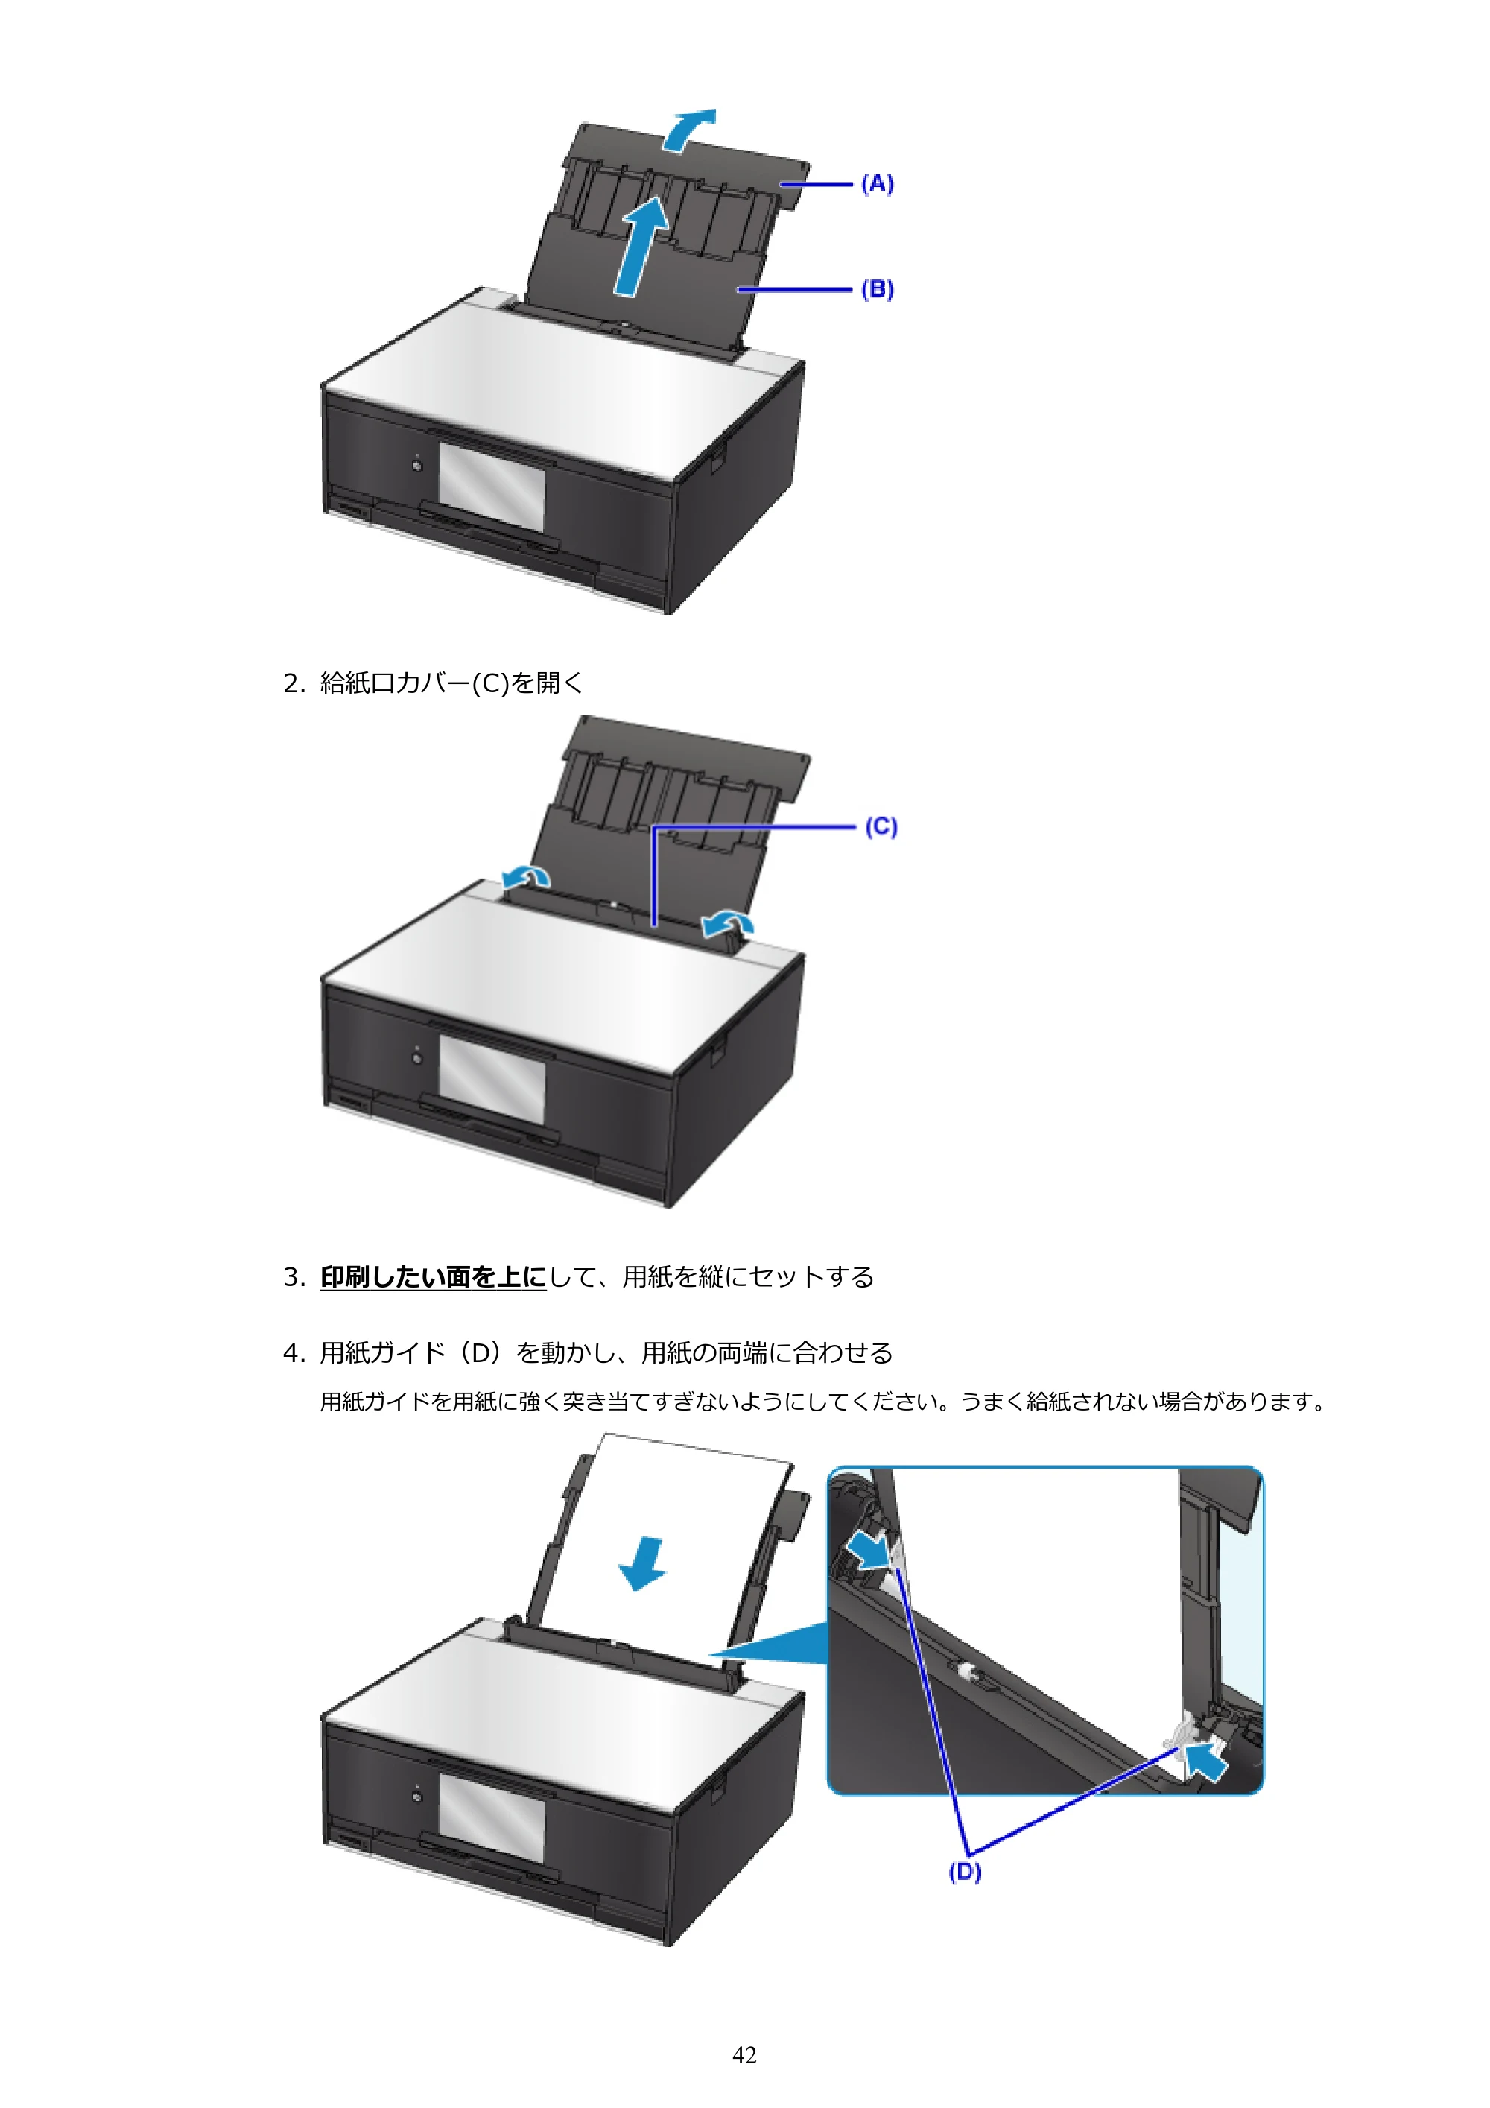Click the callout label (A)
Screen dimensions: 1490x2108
click(877, 183)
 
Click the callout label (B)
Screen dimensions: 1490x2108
click(877, 289)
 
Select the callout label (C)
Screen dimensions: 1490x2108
click(881, 826)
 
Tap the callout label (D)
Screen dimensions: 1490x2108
click(965, 1871)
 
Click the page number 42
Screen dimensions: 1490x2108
click(744, 2055)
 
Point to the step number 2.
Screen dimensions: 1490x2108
click(293, 683)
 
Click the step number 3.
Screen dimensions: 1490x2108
click(293, 1277)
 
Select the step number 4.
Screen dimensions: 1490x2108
click(293, 1353)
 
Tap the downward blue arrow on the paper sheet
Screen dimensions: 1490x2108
click(643, 1563)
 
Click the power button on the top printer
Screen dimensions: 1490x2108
click(418, 466)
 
